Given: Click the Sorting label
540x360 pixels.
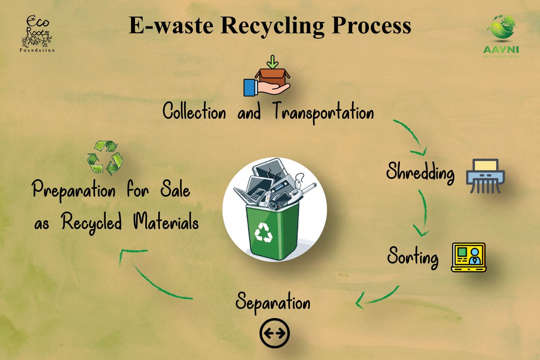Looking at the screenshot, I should coord(413,258).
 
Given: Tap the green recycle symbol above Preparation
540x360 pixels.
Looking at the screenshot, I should coord(105,157).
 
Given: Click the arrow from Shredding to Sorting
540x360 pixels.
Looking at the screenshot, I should coord(423,214).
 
